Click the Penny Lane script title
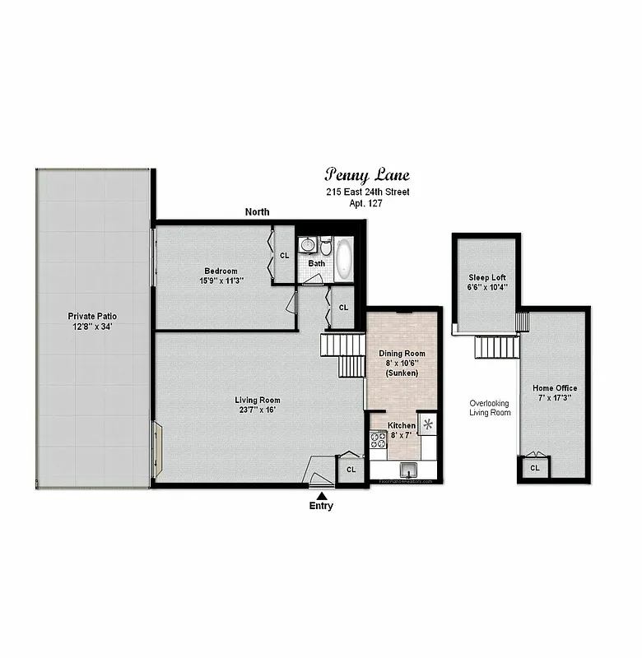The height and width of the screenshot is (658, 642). click(366, 175)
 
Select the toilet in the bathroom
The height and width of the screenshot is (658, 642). click(326, 246)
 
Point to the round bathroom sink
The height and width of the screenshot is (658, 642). click(309, 245)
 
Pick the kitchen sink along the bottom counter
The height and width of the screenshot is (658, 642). click(407, 470)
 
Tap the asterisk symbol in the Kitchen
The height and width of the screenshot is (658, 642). click(428, 424)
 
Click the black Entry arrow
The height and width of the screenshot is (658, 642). click(321, 495)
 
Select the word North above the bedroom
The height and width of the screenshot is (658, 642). click(257, 212)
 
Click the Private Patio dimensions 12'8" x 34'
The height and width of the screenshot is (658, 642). click(92, 326)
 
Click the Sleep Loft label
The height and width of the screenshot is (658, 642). click(486, 277)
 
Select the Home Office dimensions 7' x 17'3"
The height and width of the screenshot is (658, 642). click(555, 398)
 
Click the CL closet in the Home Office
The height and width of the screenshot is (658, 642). click(534, 468)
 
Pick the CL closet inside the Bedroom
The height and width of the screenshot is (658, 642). click(285, 255)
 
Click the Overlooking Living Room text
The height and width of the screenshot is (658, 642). click(489, 408)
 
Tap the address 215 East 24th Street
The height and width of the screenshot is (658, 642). click(366, 192)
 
